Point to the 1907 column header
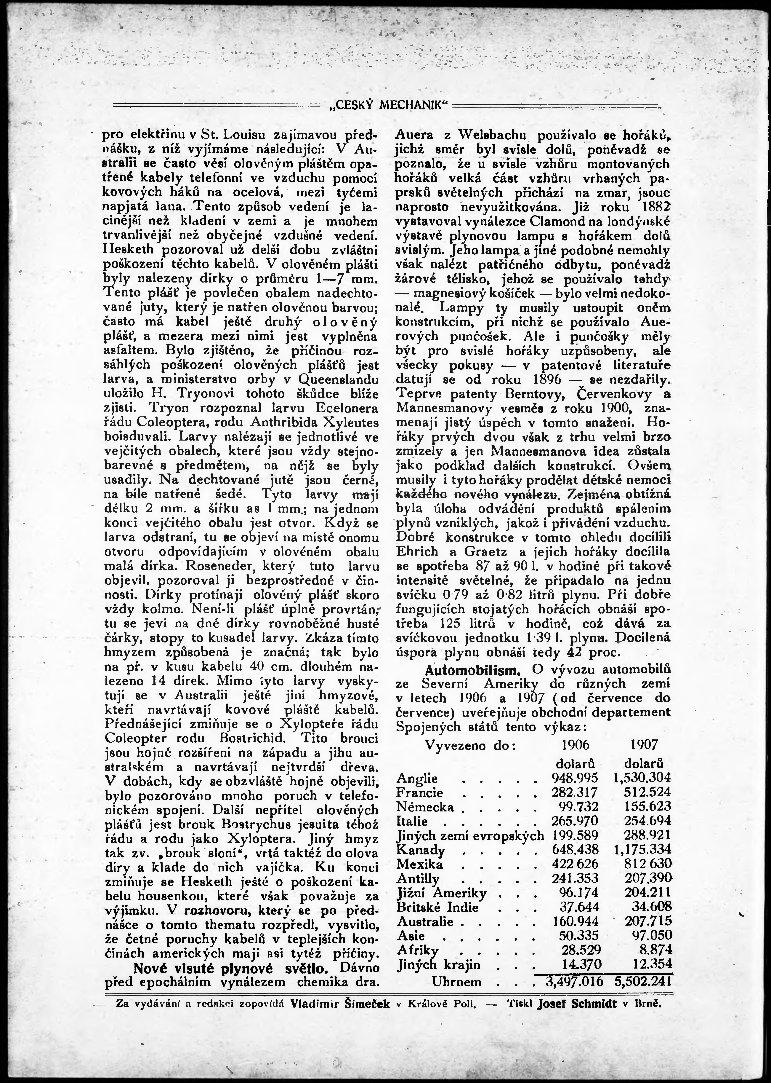click(644, 744)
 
